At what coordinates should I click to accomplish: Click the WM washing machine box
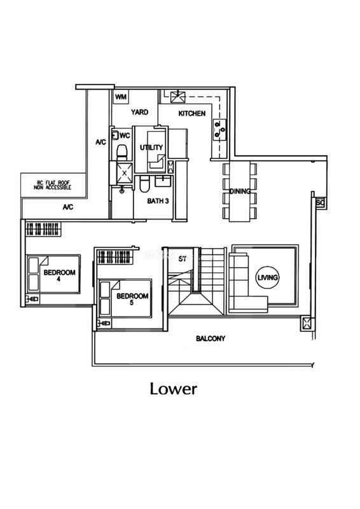[x=120, y=97]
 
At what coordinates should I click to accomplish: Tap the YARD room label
[x=139, y=113]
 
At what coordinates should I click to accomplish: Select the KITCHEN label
[x=192, y=113]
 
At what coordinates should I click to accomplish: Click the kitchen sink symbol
[x=178, y=97]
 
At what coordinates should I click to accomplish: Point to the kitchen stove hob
[x=219, y=130]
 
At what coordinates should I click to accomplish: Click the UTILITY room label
[x=151, y=148]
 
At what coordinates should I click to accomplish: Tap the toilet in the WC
[x=121, y=153]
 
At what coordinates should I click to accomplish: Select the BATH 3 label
[x=158, y=201]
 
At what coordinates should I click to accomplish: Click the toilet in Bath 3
[x=144, y=184]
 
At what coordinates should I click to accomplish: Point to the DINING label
[x=240, y=192]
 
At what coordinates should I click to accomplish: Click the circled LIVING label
[x=268, y=277]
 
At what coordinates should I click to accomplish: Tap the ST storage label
[x=183, y=259]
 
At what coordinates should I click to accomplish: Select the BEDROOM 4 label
[x=59, y=275]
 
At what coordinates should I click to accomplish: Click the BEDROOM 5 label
[x=132, y=299]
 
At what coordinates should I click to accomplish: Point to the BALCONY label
[x=211, y=339]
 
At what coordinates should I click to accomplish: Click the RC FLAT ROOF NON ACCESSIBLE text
[x=52, y=185]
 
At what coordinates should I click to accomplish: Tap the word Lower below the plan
[x=174, y=389]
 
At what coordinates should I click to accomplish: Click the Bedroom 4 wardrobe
[x=43, y=229]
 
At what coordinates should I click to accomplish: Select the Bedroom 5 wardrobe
[x=115, y=257]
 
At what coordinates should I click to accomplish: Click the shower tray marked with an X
[x=124, y=173]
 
